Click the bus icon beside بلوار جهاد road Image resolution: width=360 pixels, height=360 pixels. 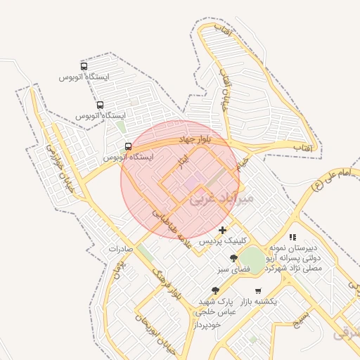(x=128, y=146)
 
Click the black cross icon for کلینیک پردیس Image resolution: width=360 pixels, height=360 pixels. (x=223, y=230)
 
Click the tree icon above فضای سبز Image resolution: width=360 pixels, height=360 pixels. (x=233, y=258)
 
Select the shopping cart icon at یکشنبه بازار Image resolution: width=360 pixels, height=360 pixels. (x=258, y=290)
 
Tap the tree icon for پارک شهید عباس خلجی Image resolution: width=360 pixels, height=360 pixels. (x=215, y=290)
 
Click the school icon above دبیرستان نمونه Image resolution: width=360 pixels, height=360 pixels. (x=292, y=238)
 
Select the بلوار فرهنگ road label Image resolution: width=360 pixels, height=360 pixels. (x=169, y=282)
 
